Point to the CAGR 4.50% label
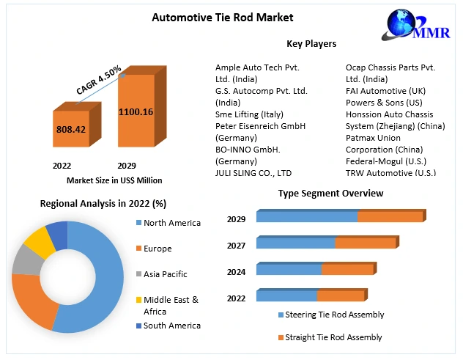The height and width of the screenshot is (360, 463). click(99, 78)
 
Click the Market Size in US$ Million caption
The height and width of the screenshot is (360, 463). click(114, 180)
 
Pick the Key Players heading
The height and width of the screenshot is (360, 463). click(311, 44)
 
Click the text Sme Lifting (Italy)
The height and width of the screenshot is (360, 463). click(249, 114)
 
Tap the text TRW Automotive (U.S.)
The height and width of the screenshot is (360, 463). click(390, 173)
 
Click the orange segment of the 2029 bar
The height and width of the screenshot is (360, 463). click(390, 217)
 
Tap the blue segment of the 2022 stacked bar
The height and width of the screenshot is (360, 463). click(286, 296)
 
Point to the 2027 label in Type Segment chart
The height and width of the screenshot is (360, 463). click(236, 246)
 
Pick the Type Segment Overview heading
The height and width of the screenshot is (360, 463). click(330, 194)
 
